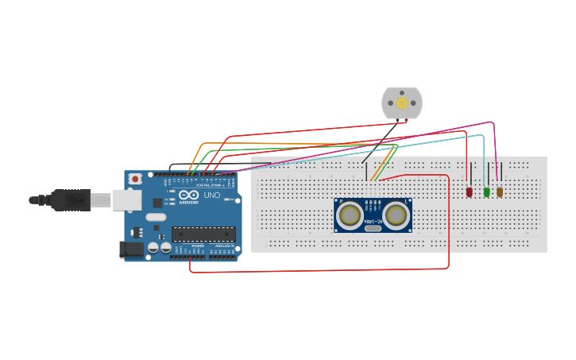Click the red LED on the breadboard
point(470,192)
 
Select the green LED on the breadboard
point(486,192)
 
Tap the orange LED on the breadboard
point(500,192)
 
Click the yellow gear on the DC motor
point(402,103)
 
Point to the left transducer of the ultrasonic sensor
point(350,215)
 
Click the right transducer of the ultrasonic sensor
point(396,215)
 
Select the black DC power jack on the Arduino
point(131,250)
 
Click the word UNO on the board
point(212,195)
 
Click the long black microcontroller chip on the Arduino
point(203,234)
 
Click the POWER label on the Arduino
point(198,246)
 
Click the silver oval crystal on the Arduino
point(156,217)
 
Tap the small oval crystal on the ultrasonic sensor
point(373,228)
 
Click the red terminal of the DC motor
point(407,119)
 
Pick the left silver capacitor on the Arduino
point(154,248)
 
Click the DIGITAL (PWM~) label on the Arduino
point(211,184)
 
